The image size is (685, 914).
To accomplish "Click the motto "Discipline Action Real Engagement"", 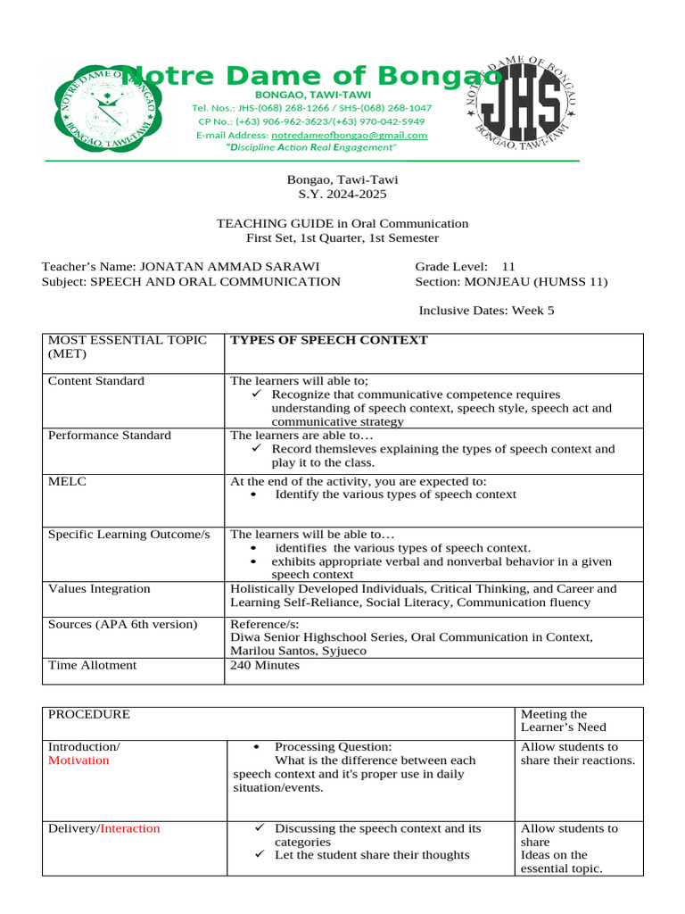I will pyautogui.click(x=310, y=147).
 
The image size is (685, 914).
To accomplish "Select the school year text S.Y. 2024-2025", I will pyautogui.click(x=342, y=194).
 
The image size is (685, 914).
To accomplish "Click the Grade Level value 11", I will pyautogui.click(x=509, y=267).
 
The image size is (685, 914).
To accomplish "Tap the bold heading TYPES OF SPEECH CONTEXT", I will pyautogui.click(x=329, y=340).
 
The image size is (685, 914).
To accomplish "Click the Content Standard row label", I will pyautogui.click(x=95, y=381).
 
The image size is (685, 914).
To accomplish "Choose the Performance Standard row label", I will pyautogui.click(x=110, y=436).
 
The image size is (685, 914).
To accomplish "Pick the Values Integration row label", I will pyautogui.click(x=99, y=589).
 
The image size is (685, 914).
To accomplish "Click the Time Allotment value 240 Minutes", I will pyautogui.click(x=265, y=665).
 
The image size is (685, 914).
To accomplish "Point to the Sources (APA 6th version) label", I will pyautogui.click(x=122, y=624).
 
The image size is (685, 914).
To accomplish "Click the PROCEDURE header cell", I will pyautogui.click(x=88, y=714).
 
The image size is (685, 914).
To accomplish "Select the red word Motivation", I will pyautogui.click(x=78, y=760).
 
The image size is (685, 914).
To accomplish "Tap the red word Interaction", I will pyautogui.click(x=130, y=828).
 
